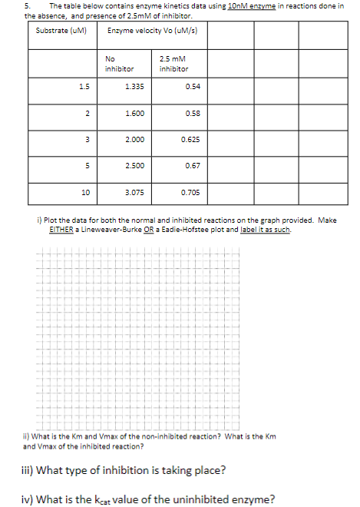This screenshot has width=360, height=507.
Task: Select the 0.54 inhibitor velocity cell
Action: (x=193, y=86)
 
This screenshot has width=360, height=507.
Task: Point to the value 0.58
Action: (x=193, y=113)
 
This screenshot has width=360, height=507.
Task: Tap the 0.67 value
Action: (x=193, y=166)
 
